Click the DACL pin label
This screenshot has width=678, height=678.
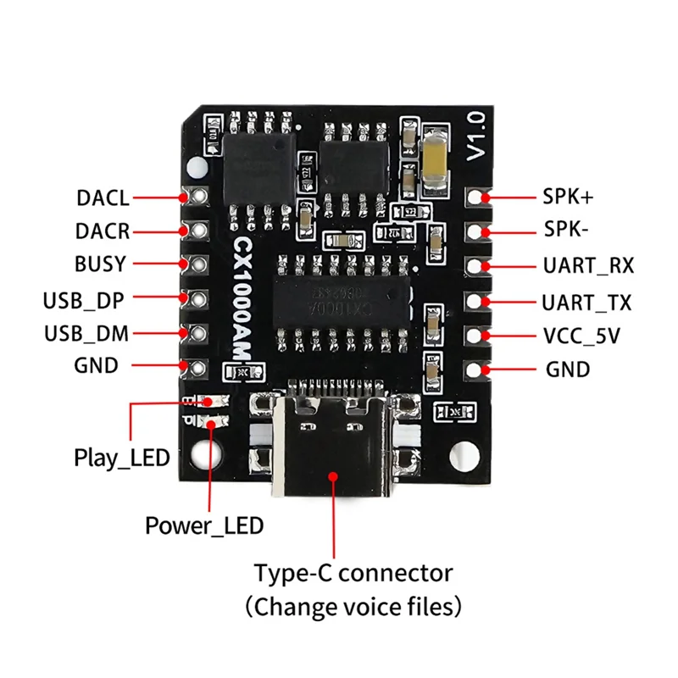102,198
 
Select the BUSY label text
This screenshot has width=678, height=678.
101,264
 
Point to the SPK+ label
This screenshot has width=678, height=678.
568,197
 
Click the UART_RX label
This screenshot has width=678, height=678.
587,265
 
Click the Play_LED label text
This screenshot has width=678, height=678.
121,458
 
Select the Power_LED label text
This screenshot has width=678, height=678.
203,525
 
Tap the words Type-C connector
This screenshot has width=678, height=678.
353,573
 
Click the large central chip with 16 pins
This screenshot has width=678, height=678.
342,302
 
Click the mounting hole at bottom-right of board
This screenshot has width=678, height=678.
462,456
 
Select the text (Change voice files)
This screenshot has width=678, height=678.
353,607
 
